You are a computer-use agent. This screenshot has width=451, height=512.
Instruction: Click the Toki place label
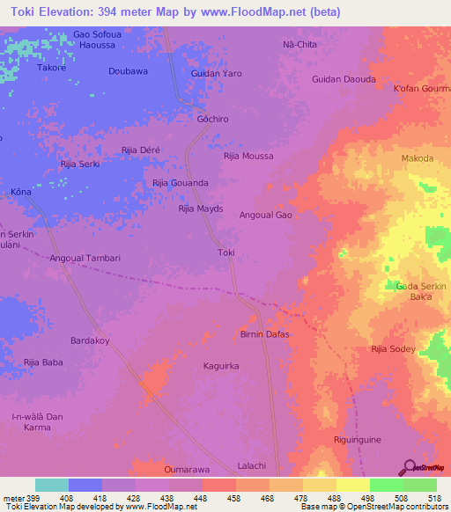[x=225, y=252]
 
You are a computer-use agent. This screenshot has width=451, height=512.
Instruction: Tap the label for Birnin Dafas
[x=264, y=334]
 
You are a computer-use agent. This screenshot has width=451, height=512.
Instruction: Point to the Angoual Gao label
[x=265, y=215]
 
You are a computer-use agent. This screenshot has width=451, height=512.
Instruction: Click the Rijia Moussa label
[x=248, y=156]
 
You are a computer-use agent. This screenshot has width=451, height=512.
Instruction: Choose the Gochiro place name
[x=213, y=117]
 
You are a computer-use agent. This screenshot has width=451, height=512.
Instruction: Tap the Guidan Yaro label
[x=216, y=73]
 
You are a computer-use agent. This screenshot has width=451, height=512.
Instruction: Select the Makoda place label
[x=418, y=158]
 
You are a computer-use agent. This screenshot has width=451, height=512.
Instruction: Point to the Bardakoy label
[x=90, y=340]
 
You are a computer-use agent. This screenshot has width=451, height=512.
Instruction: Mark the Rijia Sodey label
[x=393, y=349]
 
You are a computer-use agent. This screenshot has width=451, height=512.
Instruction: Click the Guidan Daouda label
[x=344, y=79]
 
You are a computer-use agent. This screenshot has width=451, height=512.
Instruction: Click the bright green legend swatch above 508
[x=386, y=485]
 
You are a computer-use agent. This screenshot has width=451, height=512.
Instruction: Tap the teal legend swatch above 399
[x=51, y=485]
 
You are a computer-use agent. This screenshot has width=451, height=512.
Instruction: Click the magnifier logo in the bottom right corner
[x=409, y=466]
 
